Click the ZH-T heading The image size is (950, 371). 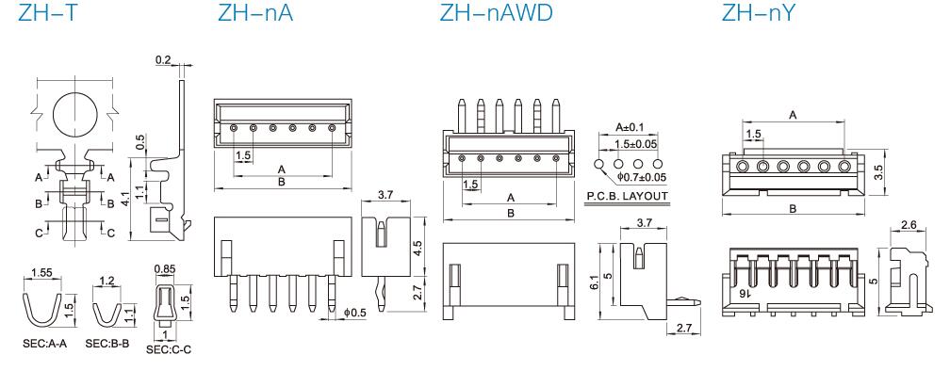point(48,12)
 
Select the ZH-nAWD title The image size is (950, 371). point(496,12)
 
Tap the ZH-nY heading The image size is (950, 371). point(758,12)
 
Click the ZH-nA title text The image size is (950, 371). point(255,12)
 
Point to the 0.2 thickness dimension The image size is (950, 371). point(163,60)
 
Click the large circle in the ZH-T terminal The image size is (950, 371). point(75,114)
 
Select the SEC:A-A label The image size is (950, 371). point(45,344)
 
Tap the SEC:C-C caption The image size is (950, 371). point(169,350)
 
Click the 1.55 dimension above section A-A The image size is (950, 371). point(41,273)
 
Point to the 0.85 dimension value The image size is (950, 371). point(165,268)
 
